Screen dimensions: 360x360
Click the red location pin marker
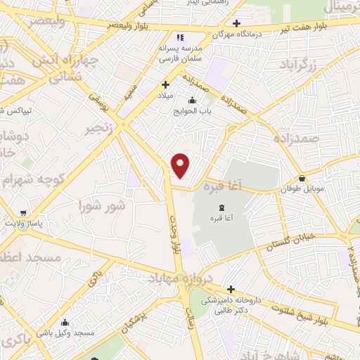181,165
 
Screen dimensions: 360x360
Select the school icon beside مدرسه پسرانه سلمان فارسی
181,37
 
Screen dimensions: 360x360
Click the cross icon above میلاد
165,85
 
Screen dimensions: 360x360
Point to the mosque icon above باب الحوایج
192,100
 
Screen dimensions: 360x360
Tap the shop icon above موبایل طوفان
302,179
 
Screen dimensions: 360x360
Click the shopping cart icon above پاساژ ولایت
24,212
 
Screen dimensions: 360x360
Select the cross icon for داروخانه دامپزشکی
231,288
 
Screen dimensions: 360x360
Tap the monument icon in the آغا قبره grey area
223,207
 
